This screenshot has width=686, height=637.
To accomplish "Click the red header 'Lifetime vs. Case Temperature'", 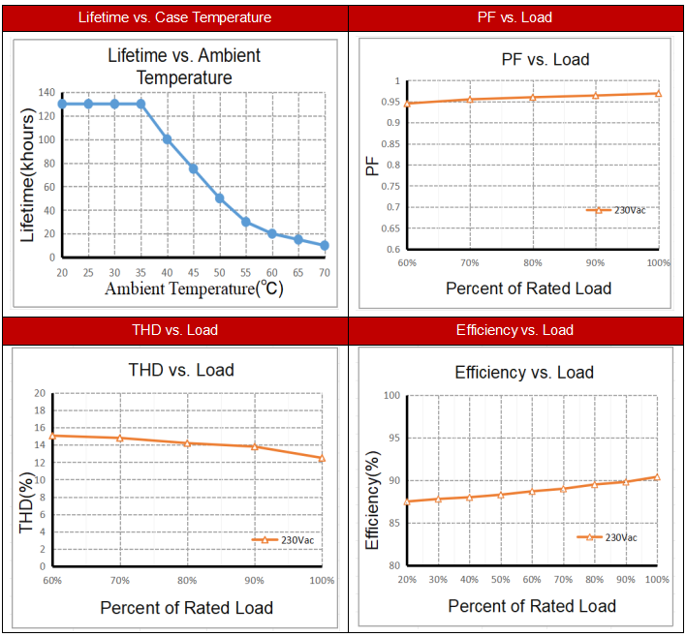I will pyautogui.click(x=175, y=17).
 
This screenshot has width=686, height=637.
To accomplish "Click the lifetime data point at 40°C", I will pyautogui.click(x=168, y=139).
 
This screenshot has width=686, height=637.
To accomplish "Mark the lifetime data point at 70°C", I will pyautogui.click(x=325, y=246).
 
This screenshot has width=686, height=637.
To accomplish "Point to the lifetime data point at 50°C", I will pyautogui.click(x=220, y=198).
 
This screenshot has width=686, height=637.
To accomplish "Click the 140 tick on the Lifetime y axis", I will pyautogui.click(x=47, y=92).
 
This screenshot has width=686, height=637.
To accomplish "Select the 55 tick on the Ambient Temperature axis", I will pyautogui.click(x=246, y=273).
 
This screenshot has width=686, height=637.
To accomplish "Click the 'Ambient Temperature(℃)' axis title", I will pyautogui.click(x=194, y=288).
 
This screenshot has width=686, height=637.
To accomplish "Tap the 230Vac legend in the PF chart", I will pyautogui.click(x=616, y=210).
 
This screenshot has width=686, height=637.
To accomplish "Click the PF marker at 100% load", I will pyautogui.click(x=658, y=93).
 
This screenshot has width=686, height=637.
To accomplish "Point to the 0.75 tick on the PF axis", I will pyautogui.click(x=390, y=186).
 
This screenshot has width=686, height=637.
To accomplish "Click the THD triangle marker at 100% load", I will pyautogui.click(x=323, y=458).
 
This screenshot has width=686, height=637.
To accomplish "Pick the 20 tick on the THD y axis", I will pyautogui.click(x=40, y=393).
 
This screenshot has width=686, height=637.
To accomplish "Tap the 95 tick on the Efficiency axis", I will pyautogui.click(x=393, y=438).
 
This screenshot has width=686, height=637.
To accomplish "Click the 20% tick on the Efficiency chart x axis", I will pyautogui.click(x=408, y=579).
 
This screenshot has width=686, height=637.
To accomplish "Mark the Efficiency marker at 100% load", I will pyautogui.click(x=657, y=476).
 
